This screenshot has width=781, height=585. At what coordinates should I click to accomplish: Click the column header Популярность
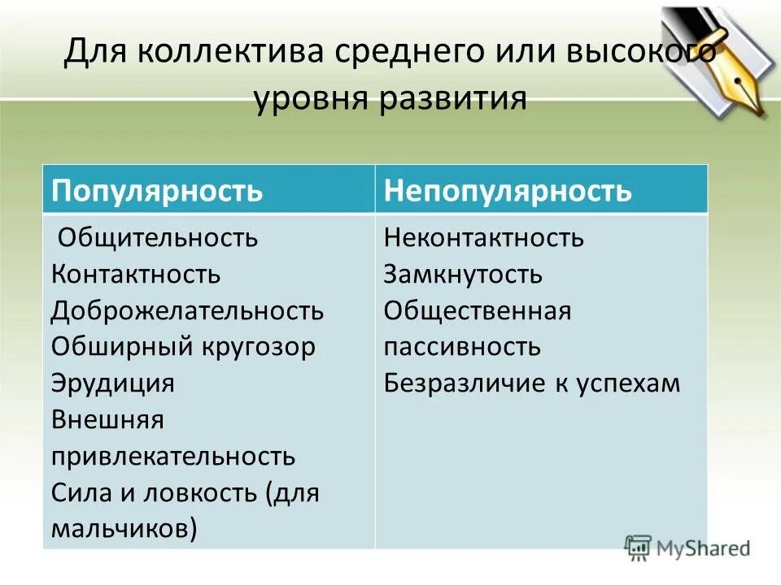tap(157, 191)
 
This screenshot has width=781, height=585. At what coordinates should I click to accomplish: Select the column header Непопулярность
tap(508, 191)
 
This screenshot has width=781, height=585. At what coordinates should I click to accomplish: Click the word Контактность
tap(136, 274)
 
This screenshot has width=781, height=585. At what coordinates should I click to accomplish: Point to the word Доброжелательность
tap(187, 310)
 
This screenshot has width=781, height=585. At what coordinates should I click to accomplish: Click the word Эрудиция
tap(113, 383)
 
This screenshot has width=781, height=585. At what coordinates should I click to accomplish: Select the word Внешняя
tap(107, 419)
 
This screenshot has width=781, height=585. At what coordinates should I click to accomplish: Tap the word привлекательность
tap(172, 456)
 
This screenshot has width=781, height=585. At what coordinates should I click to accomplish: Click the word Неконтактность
tap(484, 238)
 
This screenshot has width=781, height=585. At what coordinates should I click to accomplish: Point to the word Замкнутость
tap(463, 274)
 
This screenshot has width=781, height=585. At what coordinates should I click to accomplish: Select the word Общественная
tap(478, 310)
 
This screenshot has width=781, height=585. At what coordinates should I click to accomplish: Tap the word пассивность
tap(462, 347)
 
